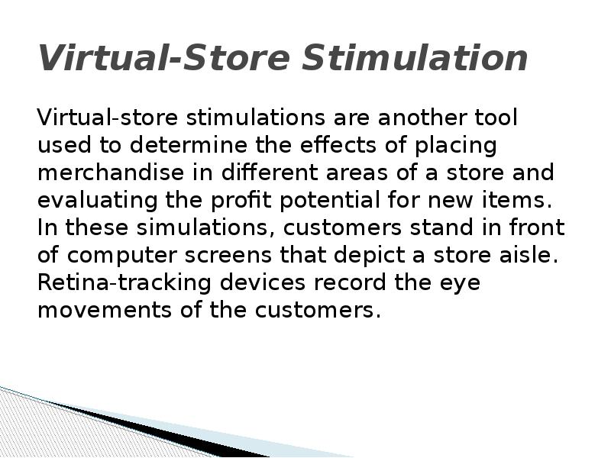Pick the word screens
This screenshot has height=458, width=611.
[220, 256]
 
